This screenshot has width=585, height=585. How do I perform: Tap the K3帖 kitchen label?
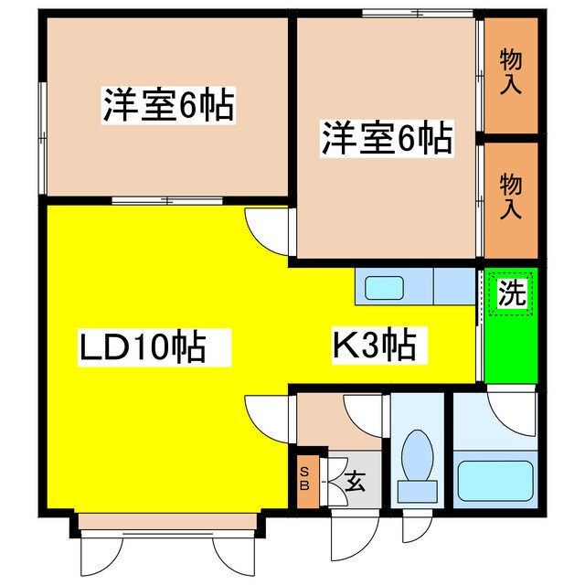coord(374,346)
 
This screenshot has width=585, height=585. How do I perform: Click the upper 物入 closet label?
coord(510,74)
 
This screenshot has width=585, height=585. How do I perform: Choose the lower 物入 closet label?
coord(510,197)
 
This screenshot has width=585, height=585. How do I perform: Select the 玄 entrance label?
coord(355,480)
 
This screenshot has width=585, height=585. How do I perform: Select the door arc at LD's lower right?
coord(268,419)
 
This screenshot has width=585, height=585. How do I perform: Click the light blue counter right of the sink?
coord(452,287)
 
